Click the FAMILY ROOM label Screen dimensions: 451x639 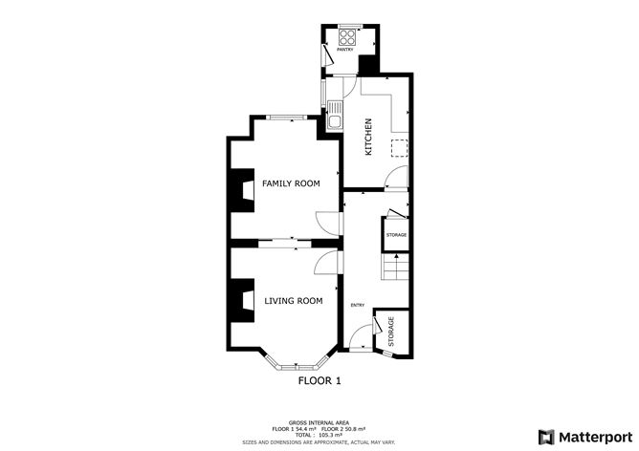point(291,183)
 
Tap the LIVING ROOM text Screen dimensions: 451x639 point(293,300)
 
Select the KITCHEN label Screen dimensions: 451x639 point(366,136)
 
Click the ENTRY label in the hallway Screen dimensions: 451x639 point(357,305)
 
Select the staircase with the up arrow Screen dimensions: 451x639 point(394,268)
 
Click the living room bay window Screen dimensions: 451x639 point(297,364)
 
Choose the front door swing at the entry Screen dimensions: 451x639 point(360,337)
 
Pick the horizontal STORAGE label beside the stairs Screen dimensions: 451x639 point(396,234)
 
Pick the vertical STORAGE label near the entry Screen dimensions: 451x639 point(390,331)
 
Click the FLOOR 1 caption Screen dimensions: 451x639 point(319,380)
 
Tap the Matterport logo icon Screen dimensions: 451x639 point(546,435)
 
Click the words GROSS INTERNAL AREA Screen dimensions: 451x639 point(319,420)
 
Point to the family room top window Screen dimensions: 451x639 point(286,117)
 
